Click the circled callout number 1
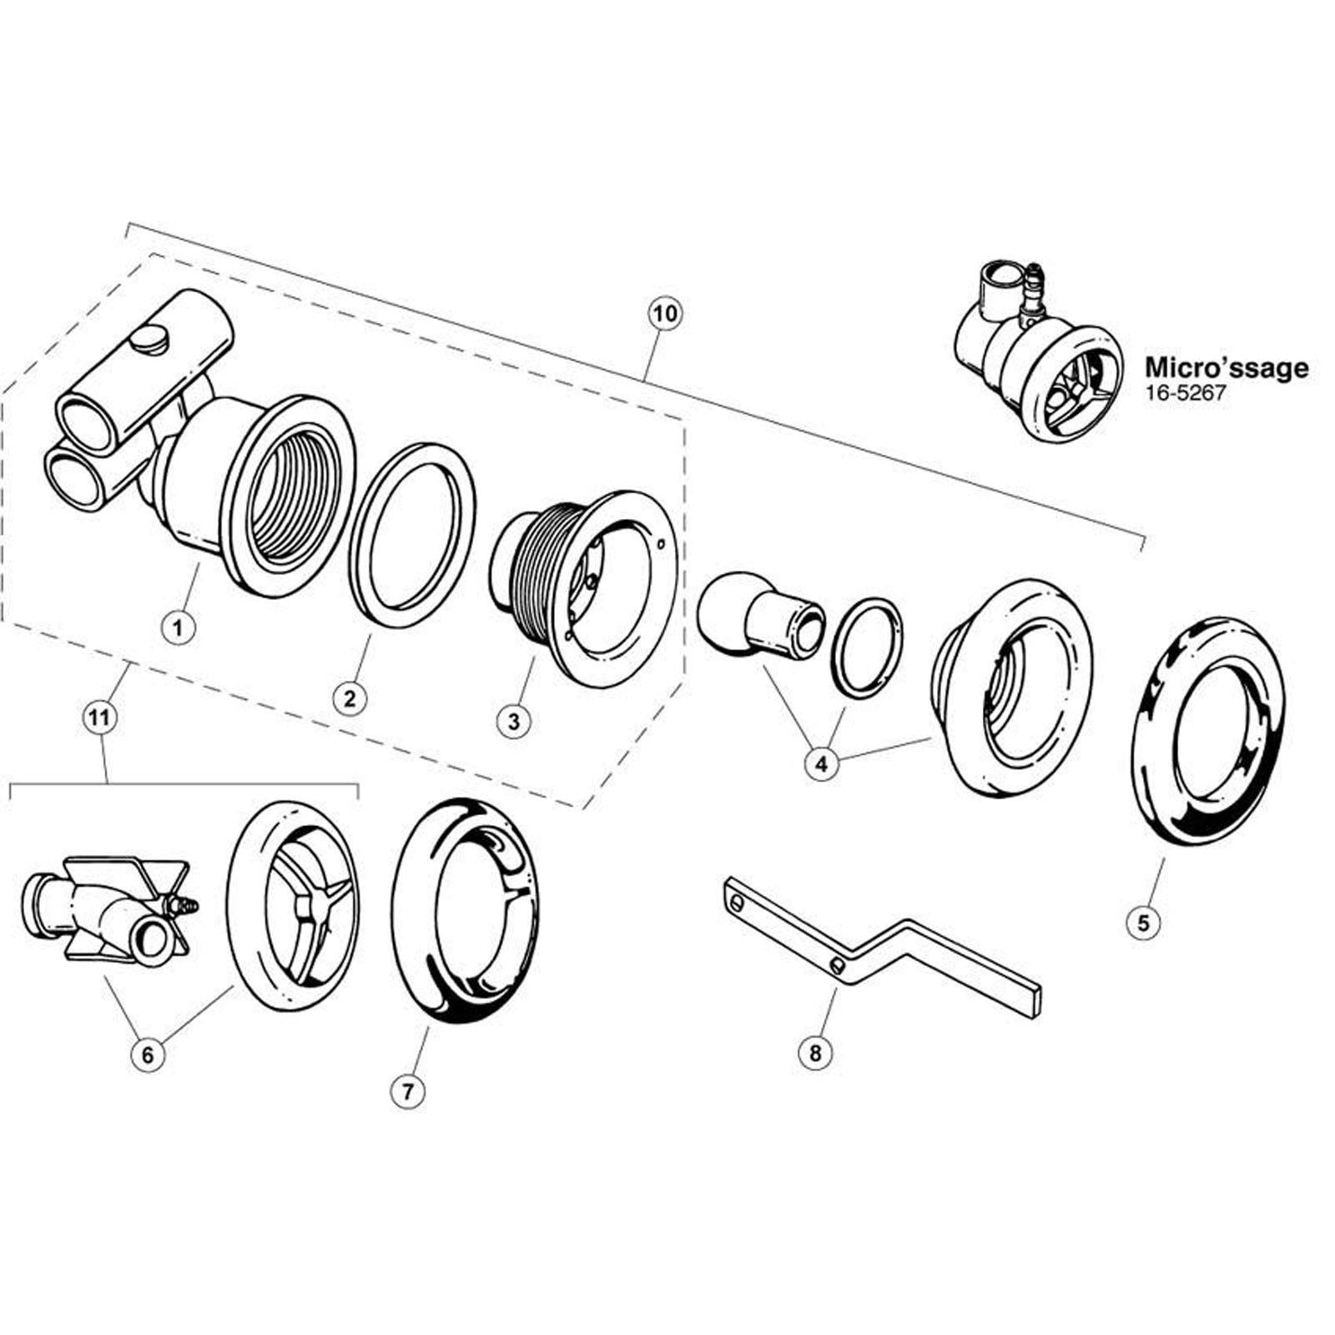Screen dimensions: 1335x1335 coord(177,625)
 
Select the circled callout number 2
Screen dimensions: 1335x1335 coord(350,697)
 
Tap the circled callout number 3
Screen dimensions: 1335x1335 coord(514,720)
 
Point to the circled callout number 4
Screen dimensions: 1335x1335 coord(822,763)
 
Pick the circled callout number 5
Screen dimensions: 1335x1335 coord(1143,922)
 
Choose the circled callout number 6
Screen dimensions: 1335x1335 coord(148,1055)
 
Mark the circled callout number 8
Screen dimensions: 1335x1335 coord(815,1053)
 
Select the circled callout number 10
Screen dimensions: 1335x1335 coord(665,315)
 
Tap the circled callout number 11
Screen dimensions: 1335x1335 coord(99,718)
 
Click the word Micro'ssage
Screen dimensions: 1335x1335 coord(1227,367)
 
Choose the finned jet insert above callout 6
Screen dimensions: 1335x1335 coord(108,912)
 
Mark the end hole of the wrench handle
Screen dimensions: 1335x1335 coord(736,902)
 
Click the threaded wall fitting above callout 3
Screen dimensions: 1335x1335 coord(582,587)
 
